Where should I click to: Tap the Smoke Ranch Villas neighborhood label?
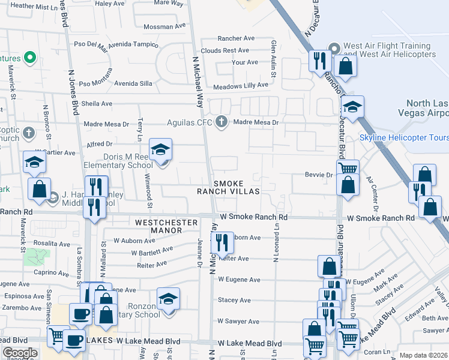pos(229,187)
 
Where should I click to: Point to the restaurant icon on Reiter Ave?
pos(222,242)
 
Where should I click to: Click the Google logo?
pos(20,353)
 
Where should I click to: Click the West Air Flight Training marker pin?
pos(334,47)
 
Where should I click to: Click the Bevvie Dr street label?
pos(321,175)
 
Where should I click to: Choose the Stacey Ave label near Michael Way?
pos(234,300)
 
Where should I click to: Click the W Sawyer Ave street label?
pos(238,322)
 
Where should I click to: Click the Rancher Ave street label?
pos(236,38)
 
